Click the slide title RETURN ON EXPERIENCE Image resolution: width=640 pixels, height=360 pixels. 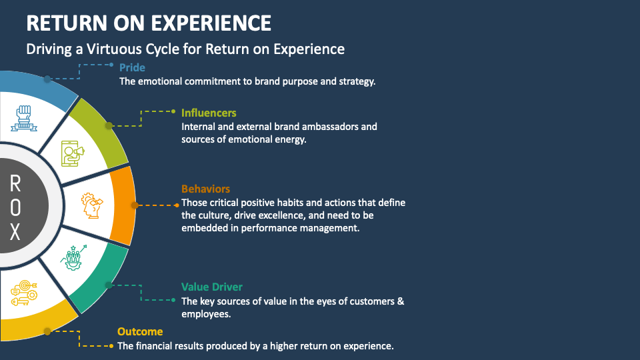[149, 23]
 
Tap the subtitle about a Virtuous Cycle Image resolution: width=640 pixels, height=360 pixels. [185, 49]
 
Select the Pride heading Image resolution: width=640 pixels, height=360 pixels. [132, 67]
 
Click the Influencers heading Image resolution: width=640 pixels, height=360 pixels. [209, 113]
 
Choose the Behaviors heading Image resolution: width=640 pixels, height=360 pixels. [205, 189]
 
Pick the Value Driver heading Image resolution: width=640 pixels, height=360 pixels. [212, 287]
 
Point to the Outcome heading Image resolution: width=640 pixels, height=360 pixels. [140, 331]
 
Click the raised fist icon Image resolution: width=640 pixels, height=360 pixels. [24, 118]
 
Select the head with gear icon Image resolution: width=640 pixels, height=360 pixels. [92, 205]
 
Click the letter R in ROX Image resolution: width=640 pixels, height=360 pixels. [15, 183]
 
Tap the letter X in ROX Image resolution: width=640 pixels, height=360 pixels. [15, 232]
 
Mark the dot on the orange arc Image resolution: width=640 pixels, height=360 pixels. [134, 205]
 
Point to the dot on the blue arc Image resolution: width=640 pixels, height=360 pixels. [47, 79]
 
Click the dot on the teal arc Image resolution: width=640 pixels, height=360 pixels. [107, 285]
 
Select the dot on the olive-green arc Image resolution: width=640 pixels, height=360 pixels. [108, 125]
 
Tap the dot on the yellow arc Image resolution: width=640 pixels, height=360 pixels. [47, 331]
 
